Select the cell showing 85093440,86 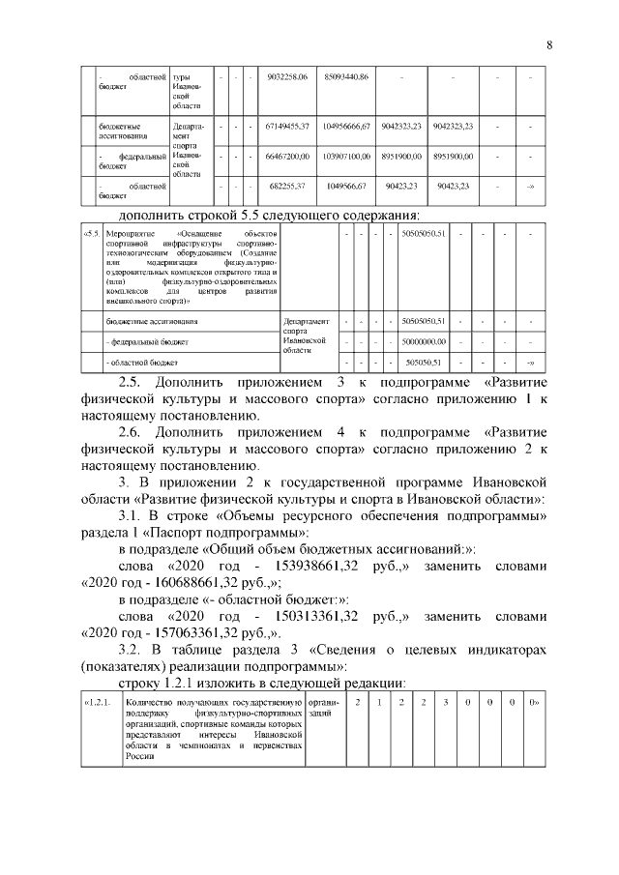[346, 76]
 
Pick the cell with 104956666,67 [346, 127]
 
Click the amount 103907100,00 [346, 156]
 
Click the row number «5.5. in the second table [91, 235]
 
